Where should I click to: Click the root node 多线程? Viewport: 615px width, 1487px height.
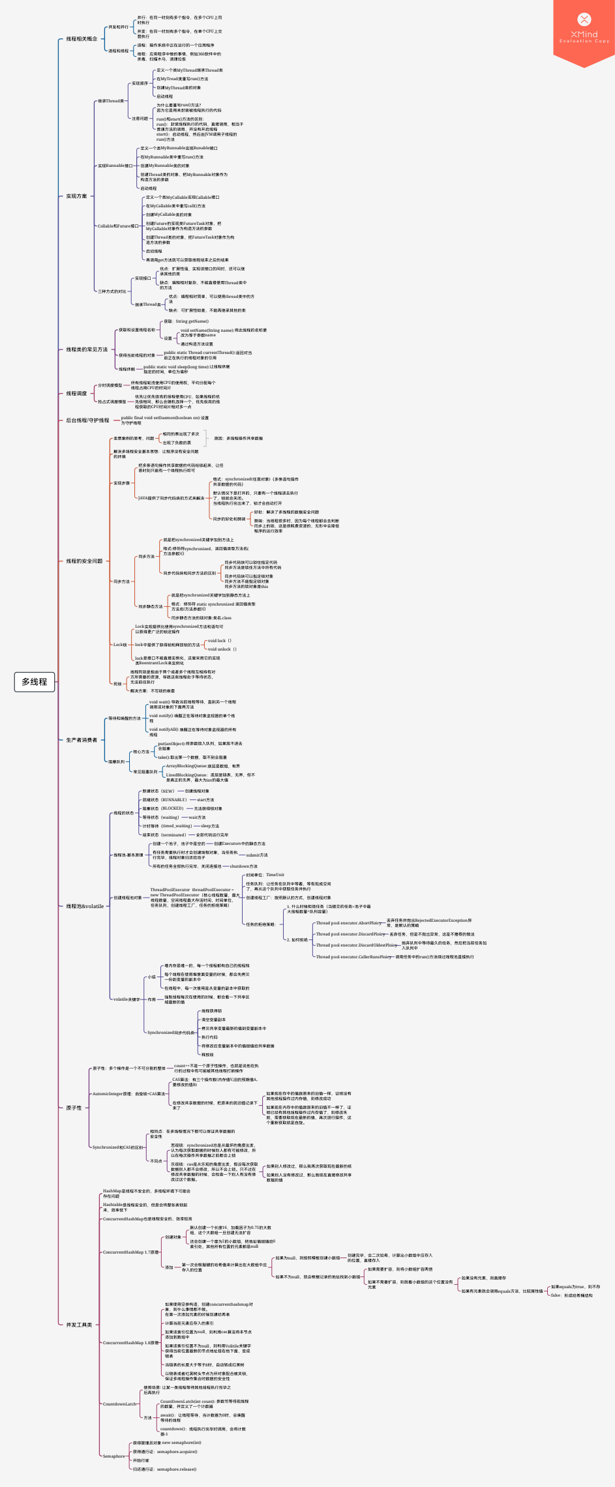(34, 682)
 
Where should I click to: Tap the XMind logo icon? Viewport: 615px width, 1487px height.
(584, 20)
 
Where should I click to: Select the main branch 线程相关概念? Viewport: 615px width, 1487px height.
(82, 39)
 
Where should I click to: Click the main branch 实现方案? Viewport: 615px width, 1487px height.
(76, 196)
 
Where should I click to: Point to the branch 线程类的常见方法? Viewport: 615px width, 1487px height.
(87, 349)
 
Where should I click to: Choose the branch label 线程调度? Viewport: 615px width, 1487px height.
(76, 394)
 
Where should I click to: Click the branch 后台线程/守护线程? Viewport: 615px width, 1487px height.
(87, 420)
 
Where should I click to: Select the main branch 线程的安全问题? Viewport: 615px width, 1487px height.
(84, 561)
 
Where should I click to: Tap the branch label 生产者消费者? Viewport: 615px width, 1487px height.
(82, 740)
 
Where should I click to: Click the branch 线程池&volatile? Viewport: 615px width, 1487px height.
(85, 906)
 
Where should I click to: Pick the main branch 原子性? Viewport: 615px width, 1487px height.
(74, 1108)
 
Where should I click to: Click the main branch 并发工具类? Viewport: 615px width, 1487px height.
(79, 1325)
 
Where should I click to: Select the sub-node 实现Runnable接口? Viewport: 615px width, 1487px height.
(115, 166)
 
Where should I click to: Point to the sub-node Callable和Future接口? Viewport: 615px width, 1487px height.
(117, 226)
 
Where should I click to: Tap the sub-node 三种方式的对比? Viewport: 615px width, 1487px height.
(112, 291)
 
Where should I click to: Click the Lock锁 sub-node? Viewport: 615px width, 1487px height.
(120, 645)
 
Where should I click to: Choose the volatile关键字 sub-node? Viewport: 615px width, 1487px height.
(127, 999)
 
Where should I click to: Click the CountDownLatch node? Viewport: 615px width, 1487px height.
(120, 1404)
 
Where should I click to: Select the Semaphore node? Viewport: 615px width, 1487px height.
(114, 1456)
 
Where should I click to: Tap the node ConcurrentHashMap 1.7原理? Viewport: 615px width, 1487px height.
(130, 1252)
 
